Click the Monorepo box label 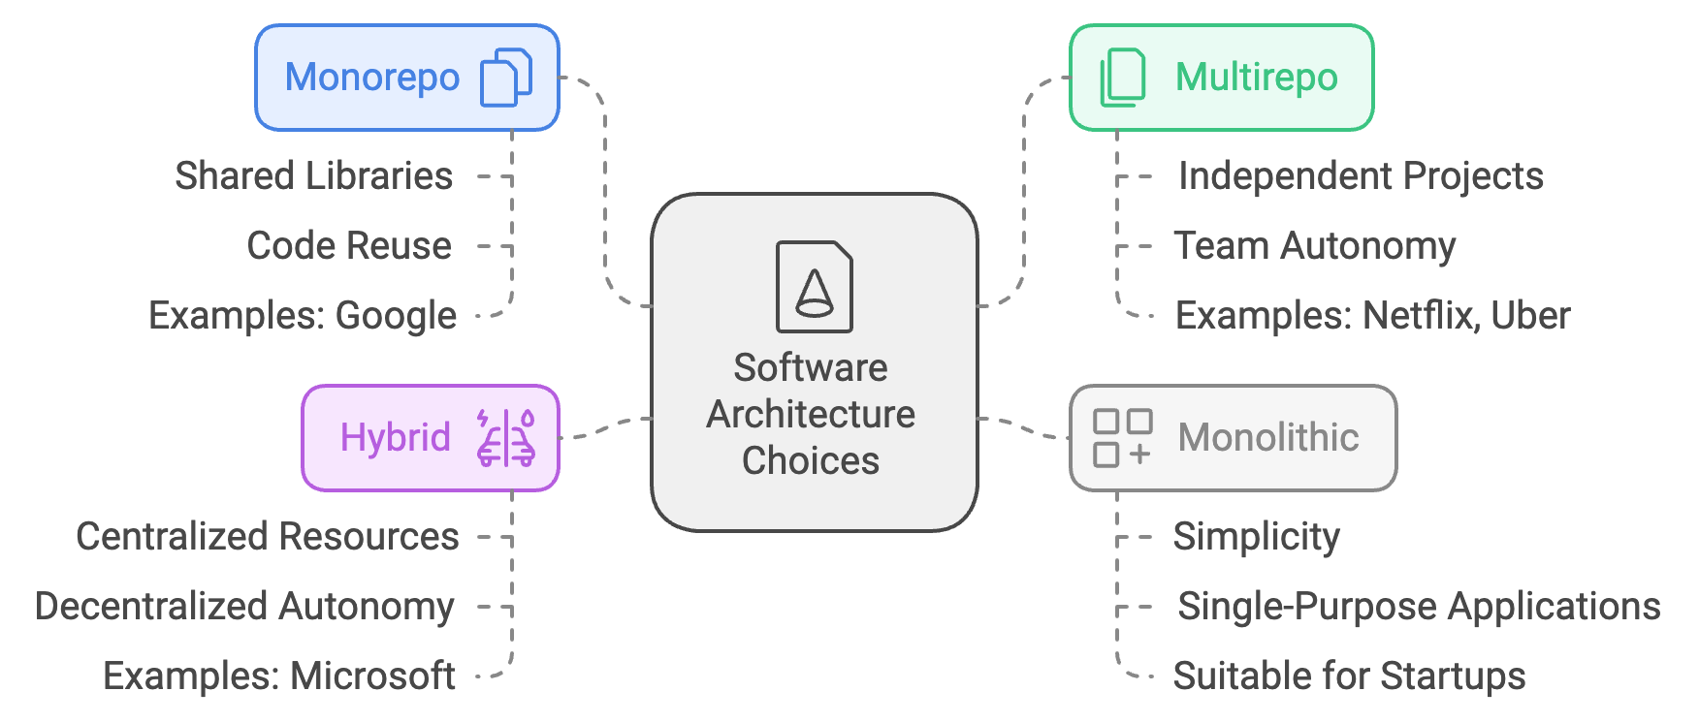(x=371, y=78)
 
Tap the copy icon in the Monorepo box (x=506, y=78)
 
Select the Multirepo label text (x=1256, y=78)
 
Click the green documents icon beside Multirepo (x=1122, y=78)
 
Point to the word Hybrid (x=395, y=438)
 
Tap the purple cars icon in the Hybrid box (x=505, y=438)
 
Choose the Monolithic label (x=1267, y=438)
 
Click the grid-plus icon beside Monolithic (x=1122, y=438)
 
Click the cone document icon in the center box (x=814, y=287)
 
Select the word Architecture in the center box (x=811, y=415)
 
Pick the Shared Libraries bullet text (x=313, y=176)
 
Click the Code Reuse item (x=349, y=246)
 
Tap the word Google (x=396, y=316)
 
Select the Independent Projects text (x=1361, y=176)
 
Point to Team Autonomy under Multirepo (x=1314, y=246)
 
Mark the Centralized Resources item (x=267, y=537)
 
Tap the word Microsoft (x=373, y=676)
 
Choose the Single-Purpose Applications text (x=1419, y=607)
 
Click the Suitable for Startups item (x=1349, y=676)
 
